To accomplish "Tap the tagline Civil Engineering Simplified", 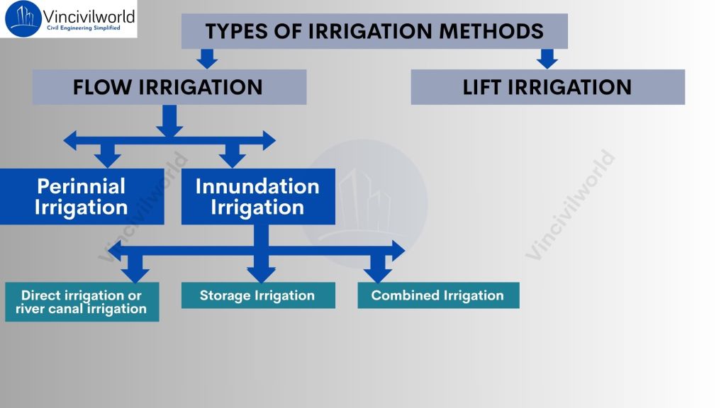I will [x=83, y=28].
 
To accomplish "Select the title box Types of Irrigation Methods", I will [x=374, y=31].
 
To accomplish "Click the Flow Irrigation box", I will [x=169, y=87].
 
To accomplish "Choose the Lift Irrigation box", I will [x=547, y=87].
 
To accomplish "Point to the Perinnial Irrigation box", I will [x=82, y=197].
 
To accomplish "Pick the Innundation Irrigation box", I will [x=257, y=197].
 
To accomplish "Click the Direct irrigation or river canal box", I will [x=82, y=302].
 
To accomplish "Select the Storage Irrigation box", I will [x=257, y=295].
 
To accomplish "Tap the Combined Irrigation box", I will [x=437, y=295].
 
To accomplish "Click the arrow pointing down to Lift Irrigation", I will [x=547, y=59].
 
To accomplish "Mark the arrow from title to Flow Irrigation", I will [x=206, y=59].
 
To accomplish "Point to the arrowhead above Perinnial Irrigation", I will [x=108, y=157].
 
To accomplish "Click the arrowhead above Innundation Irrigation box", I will [x=232, y=157].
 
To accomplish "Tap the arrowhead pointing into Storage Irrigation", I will [x=261, y=272].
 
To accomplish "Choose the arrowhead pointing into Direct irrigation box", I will [x=135, y=272].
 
